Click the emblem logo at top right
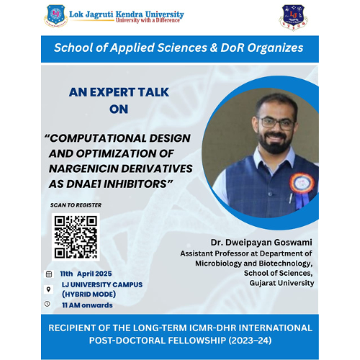click(293, 16)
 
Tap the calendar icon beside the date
click(48, 274)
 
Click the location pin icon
click(48, 289)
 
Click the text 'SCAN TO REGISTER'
click(76, 204)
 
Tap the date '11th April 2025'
click(86, 274)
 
